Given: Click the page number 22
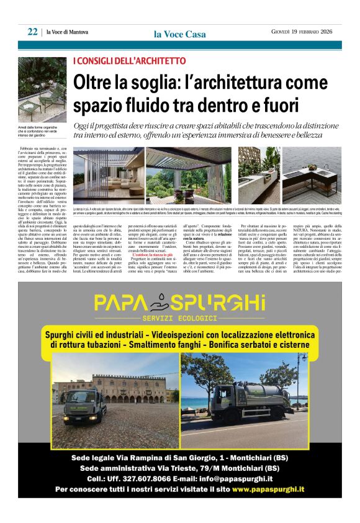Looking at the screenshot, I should pos(32,32).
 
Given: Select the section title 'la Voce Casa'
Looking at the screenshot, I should pos(179,34).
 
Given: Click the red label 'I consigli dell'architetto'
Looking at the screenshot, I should pos(129,61).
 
